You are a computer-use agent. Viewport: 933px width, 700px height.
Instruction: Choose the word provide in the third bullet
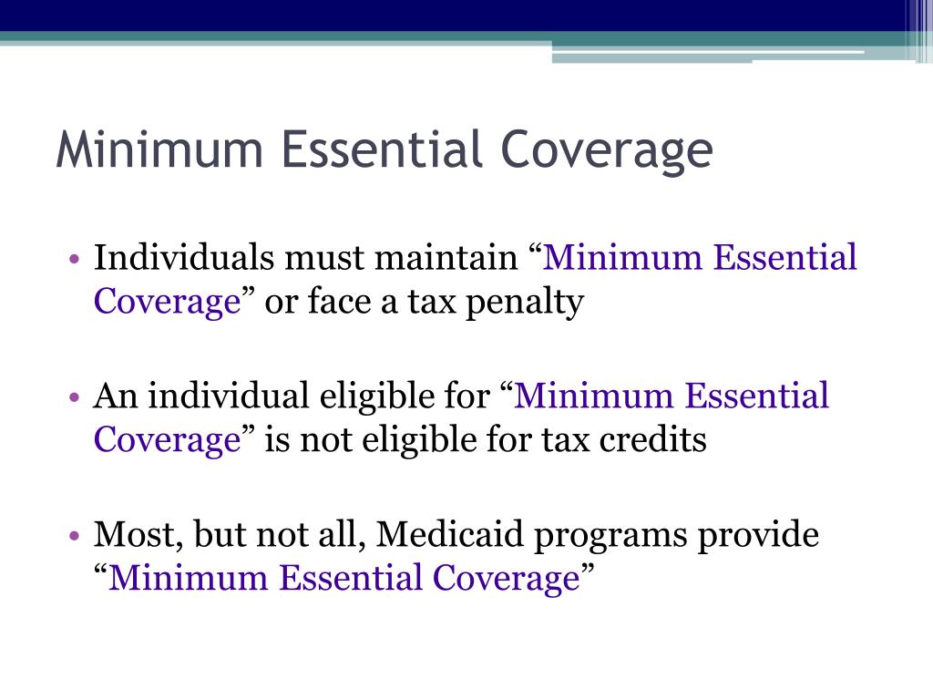tap(758, 535)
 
